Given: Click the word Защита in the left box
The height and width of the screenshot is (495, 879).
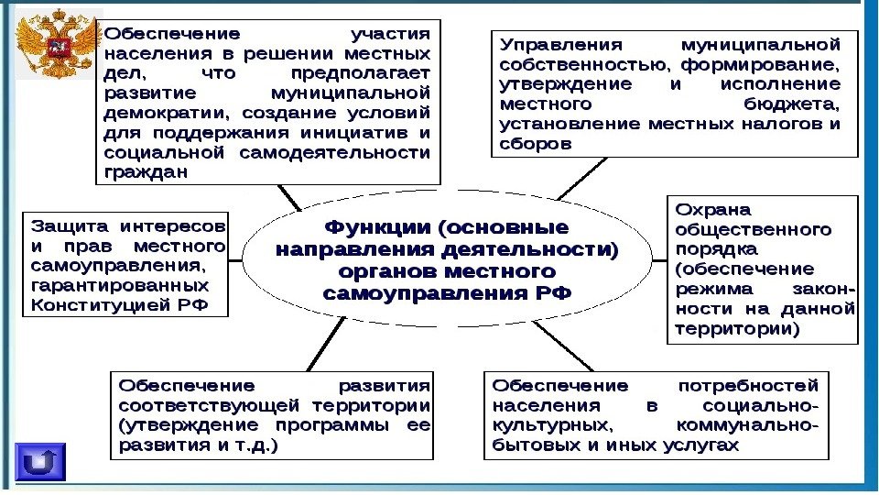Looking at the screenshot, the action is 70,225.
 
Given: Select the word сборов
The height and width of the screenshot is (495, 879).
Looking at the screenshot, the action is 535,144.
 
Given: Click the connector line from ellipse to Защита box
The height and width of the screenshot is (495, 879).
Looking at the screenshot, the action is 235,260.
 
